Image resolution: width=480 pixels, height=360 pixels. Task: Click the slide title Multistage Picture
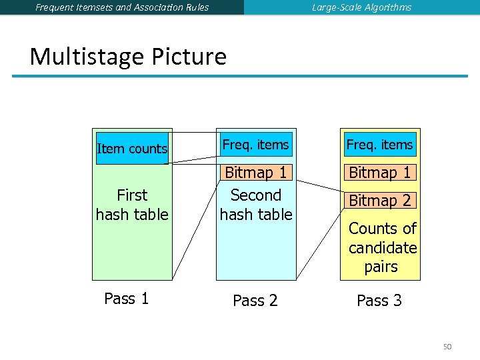pyautogui.click(x=128, y=56)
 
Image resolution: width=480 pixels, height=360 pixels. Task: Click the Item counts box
pyautogui.click(x=132, y=148)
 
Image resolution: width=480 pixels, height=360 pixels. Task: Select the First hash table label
pyautogui.click(x=132, y=205)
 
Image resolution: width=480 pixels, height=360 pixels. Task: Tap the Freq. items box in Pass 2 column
pyautogui.click(x=255, y=145)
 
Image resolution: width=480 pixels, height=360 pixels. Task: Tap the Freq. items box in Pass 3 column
pyautogui.click(x=379, y=145)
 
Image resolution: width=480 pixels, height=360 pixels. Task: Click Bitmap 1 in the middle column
pyautogui.click(x=256, y=173)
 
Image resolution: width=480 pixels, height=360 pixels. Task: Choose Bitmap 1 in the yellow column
pyautogui.click(x=380, y=173)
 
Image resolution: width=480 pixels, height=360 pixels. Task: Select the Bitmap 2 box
pyautogui.click(x=380, y=200)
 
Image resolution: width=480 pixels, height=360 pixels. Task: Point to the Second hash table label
pyautogui.click(x=256, y=205)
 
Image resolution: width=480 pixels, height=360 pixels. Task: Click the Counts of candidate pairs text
pyautogui.click(x=382, y=247)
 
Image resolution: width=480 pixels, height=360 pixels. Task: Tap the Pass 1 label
pyautogui.click(x=127, y=299)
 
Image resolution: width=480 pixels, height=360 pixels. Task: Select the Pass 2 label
pyautogui.click(x=255, y=301)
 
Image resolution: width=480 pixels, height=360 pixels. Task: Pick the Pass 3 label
pyautogui.click(x=379, y=301)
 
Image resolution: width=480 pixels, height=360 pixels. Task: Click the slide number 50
pyautogui.click(x=447, y=346)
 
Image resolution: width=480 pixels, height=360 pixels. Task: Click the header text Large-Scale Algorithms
pyautogui.click(x=361, y=7)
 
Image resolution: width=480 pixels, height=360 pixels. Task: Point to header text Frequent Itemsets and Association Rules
pyautogui.click(x=122, y=7)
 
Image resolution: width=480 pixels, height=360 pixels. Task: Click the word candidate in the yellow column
pyautogui.click(x=383, y=248)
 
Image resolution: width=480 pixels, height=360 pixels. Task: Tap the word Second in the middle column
pyautogui.click(x=256, y=195)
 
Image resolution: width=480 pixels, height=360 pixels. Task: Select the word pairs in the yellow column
pyautogui.click(x=381, y=267)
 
